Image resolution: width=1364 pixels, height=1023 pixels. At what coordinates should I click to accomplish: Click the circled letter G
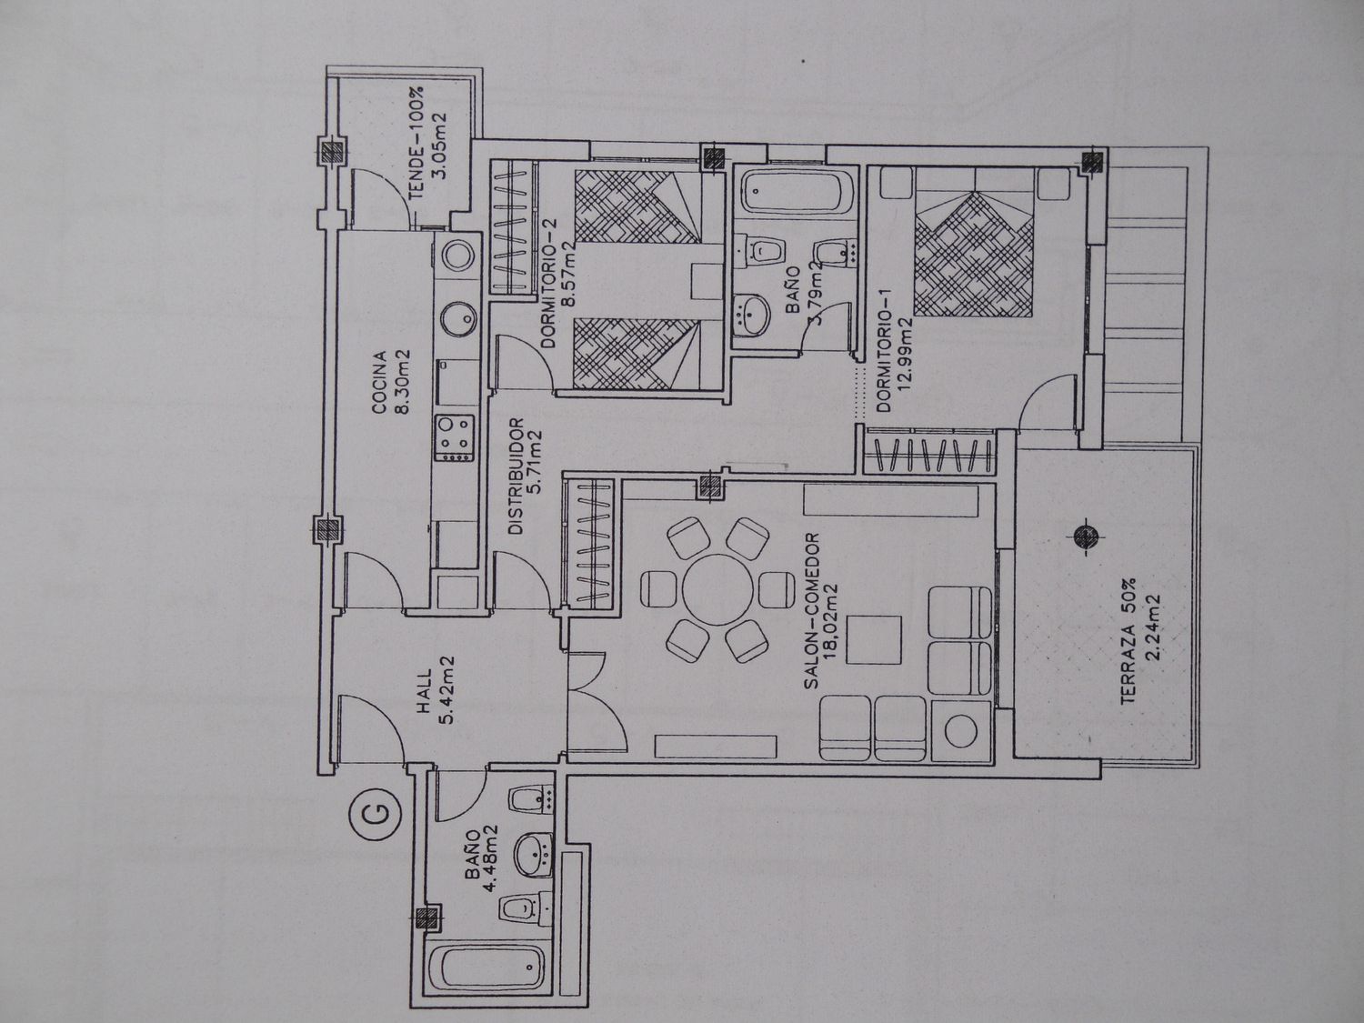point(375,811)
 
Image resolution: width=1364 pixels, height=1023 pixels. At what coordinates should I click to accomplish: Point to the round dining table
point(717,589)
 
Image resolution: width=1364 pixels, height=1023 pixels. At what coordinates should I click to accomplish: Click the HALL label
point(425,691)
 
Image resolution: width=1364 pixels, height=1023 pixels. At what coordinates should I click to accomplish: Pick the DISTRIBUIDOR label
point(516,476)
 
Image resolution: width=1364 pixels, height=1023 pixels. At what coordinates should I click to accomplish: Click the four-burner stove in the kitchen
point(455,438)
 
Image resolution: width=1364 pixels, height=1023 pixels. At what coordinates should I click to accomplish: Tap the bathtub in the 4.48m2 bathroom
point(487,978)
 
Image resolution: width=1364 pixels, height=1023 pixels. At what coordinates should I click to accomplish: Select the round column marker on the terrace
point(1086,535)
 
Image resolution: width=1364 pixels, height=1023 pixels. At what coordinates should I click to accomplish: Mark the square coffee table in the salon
point(875,640)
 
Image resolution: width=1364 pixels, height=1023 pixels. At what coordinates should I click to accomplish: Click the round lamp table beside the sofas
point(960,731)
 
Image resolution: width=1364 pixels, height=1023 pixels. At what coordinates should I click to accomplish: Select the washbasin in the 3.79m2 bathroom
point(753,316)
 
